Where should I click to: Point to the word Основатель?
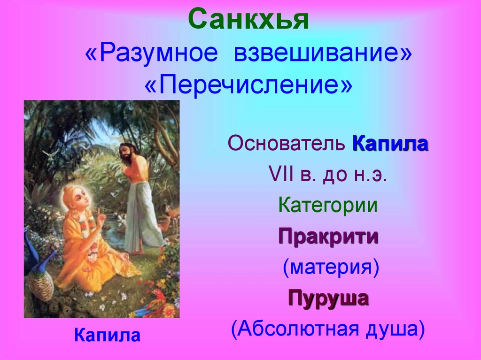[x=287, y=144]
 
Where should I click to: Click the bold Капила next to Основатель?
[x=390, y=144]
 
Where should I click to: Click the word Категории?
[x=328, y=206]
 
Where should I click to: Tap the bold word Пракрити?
[x=328, y=236]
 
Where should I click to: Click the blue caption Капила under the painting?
[x=107, y=335]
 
